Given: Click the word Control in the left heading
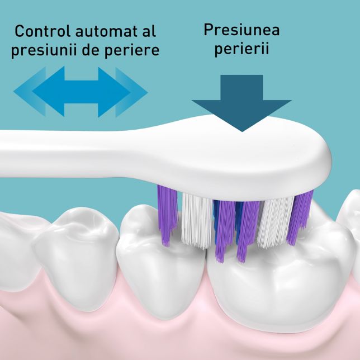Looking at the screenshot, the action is click(x=42, y=31).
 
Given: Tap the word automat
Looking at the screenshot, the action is click(x=106, y=31).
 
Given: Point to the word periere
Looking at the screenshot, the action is click(x=132, y=50).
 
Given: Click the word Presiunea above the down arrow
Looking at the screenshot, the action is click(x=241, y=30).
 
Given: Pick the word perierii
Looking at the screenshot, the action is click(x=241, y=49).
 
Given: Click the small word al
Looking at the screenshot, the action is click(x=149, y=31).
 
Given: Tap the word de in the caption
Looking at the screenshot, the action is click(x=91, y=50).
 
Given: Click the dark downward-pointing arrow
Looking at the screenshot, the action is click(x=241, y=103).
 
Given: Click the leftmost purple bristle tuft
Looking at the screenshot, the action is click(x=167, y=215).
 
